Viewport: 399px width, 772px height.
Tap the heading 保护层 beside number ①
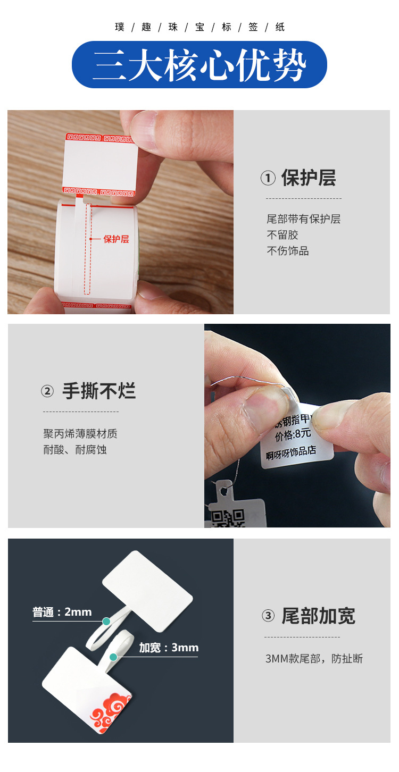click(309, 179)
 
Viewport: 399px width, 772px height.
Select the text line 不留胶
click(282, 235)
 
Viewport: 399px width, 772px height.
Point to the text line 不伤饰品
click(287, 251)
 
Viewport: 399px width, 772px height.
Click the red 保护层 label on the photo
click(116, 239)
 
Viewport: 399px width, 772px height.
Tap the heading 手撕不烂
click(99, 391)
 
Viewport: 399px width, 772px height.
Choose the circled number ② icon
click(48, 392)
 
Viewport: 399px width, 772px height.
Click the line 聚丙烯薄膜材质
click(80, 434)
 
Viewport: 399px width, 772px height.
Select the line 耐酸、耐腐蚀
click(74, 450)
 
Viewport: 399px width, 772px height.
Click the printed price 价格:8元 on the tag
click(293, 434)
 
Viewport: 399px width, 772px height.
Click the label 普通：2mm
click(62, 612)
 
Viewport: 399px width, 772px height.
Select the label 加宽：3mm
click(169, 648)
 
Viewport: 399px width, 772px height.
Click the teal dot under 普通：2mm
click(106, 621)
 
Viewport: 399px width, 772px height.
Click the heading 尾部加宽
click(318, 616)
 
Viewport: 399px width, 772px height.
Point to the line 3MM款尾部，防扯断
click(314, 659)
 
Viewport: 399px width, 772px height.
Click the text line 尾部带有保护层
click(303, 219)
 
